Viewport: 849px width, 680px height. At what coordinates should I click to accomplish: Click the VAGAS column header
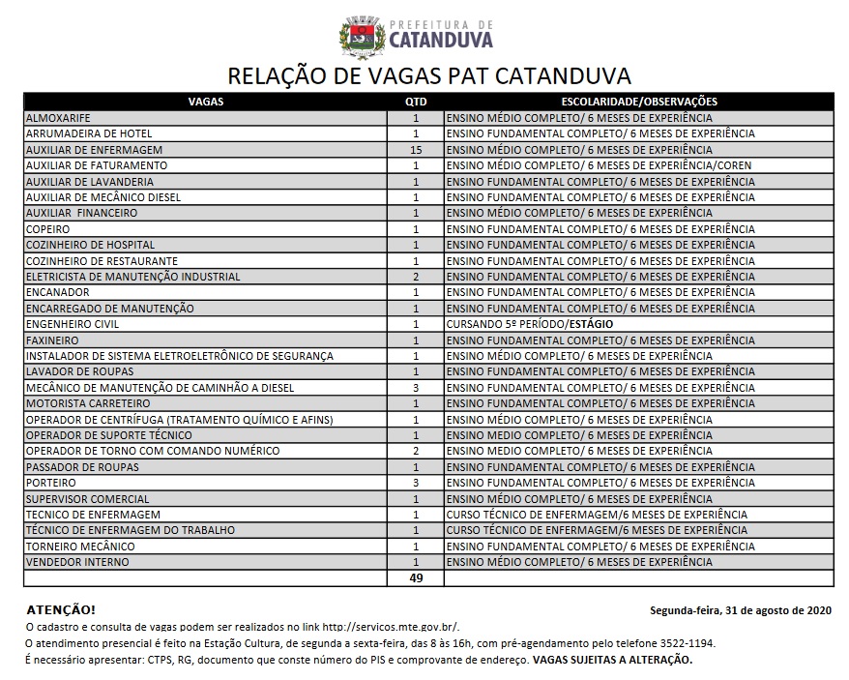click(x=206, y=101)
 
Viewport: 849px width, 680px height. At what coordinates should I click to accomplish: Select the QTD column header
click(x=416, y=101)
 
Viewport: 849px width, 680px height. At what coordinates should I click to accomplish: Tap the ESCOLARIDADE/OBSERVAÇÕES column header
click(x=638, y=101)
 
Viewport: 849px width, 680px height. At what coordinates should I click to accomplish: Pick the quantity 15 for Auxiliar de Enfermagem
click(x=416, y=150)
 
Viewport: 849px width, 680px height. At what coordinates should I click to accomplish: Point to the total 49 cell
click(x=416, y=578)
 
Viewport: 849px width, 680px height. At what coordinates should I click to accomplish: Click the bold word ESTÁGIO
click(x=590, y=324)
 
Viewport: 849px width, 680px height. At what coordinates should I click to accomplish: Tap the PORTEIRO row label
click(x=51, y=483)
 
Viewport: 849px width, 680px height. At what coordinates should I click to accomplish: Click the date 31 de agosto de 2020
click(x=774, y=610)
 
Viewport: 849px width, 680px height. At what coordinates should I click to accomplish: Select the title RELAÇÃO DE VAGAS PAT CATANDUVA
click(x=428, y=75)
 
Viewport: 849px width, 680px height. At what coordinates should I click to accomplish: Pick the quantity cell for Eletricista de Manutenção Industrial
click(x=416, y=277)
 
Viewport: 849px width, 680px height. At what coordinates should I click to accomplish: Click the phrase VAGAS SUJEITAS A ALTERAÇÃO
click(x=611, y=660)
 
